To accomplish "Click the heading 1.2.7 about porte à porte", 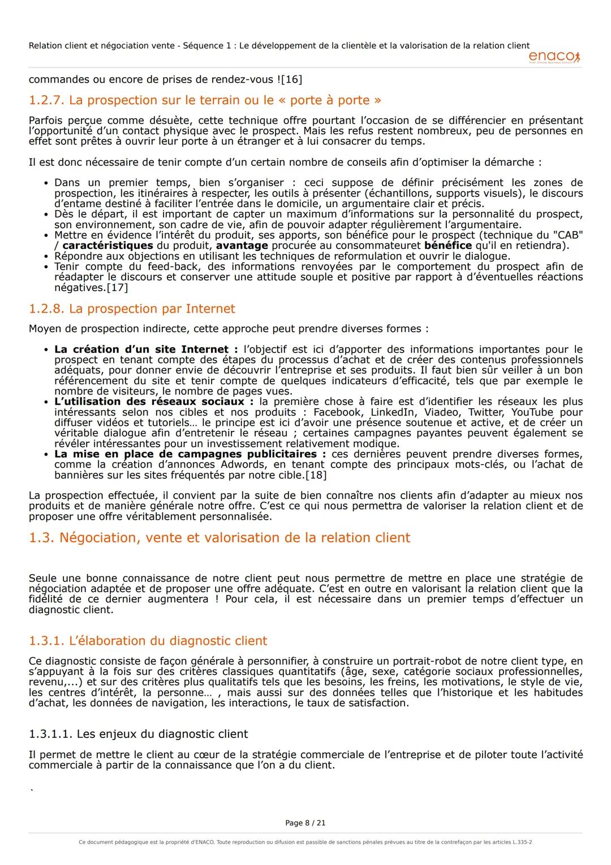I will tap(205, 101).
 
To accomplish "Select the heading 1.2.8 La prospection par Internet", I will tap(132, 309).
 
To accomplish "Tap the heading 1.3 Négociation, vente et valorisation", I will tap(220, 538).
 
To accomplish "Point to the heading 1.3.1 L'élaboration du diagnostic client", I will tap(148, 641).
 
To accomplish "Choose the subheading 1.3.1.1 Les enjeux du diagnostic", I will tap(138, 734).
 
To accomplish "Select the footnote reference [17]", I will tap(117, 288).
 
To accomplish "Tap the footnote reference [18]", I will tap(316, 475).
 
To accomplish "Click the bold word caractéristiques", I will tap(107, 246).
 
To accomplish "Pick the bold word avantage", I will tap(242, 246).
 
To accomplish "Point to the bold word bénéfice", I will tap(448, 246).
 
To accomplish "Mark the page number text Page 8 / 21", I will tap(305, 823).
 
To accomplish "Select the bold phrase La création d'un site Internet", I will tap(141, 349).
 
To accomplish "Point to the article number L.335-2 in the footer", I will tap(522, 842).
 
